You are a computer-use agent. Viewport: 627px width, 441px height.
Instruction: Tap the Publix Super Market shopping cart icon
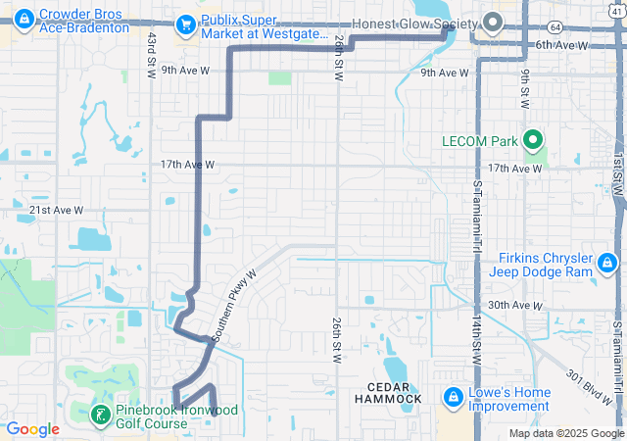point(184,23)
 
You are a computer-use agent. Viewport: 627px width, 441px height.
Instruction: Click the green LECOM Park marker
point(534,141)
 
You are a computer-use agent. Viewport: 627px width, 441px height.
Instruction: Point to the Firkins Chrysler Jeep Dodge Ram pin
point(607,263)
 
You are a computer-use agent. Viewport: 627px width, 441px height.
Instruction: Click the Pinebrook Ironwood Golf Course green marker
point(100,416)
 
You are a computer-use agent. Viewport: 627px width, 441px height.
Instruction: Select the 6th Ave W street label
point(561,45)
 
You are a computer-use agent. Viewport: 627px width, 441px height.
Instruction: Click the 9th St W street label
point(525,90)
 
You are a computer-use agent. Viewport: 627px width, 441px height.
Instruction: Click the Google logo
point(33,429)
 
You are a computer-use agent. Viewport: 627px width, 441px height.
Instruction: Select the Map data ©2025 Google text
point(566,433)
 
